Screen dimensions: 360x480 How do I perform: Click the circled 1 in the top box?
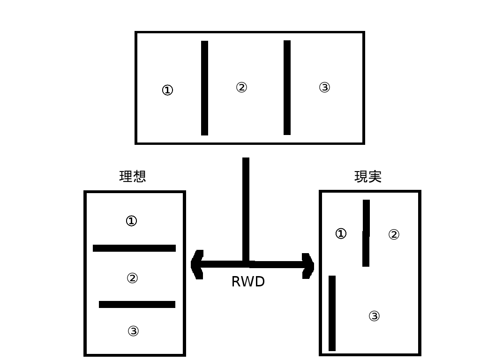(x=167, y=90)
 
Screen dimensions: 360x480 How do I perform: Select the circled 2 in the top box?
(x=241, y=87)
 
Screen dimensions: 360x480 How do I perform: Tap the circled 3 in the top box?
(x=324, y=87)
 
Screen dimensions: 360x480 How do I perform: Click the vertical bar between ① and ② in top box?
(x=204, y=88)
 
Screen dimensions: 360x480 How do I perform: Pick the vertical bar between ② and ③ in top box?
(x=287, y=88)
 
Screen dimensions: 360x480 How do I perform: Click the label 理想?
(x=133, y=176)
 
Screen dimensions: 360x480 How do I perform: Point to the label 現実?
(x=368, y=176)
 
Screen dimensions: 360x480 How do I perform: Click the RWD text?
(x=248, y=282)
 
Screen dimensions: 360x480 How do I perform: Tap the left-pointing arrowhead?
(x=197, y=265)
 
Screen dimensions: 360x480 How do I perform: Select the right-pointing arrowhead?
(x=308, y=265)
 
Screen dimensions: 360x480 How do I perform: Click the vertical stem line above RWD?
(x=246, y=209)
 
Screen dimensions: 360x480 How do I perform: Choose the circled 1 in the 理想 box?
(x=132, y=220)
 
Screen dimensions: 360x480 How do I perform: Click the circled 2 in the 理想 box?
(x=133, y=278)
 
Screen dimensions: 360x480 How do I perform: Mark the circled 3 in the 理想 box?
(x=133, y=331)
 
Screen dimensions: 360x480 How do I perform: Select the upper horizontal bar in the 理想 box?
(x=134, y=248)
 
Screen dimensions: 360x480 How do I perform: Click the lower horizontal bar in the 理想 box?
(x=137, y=304)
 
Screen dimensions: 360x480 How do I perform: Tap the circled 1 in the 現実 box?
(x=341, y=233)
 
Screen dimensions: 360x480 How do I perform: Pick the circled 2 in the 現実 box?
(x=394, y=234)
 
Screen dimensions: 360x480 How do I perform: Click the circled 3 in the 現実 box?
(x=374, y=316)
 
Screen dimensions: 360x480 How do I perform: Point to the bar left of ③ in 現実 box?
(x=332, y=313)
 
